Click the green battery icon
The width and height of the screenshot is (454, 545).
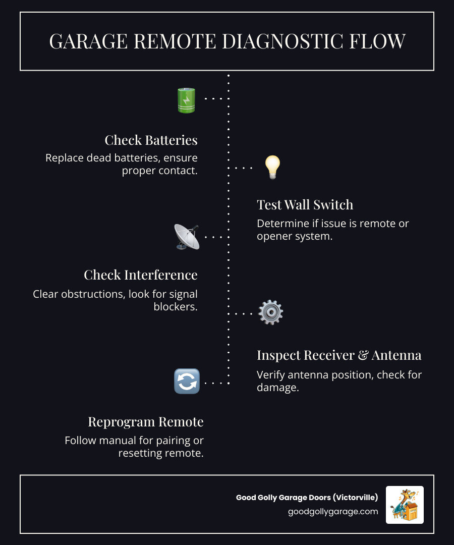point(186,100)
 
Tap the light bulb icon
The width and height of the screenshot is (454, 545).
point(272,167)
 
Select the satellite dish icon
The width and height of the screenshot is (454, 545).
point(187,237)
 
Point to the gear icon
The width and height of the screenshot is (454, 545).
point(270,312)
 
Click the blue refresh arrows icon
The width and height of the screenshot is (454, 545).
point(187,381)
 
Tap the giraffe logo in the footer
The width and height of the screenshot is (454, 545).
point(405,505)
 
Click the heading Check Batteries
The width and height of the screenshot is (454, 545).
point(151,140)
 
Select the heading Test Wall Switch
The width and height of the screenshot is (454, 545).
point(305,204)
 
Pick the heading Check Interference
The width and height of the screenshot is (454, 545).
point(140,275)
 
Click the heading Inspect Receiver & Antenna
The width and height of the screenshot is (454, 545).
point(338,355)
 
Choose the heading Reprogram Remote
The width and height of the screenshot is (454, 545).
point(145,421)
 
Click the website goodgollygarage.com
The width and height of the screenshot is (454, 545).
point(333,511)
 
